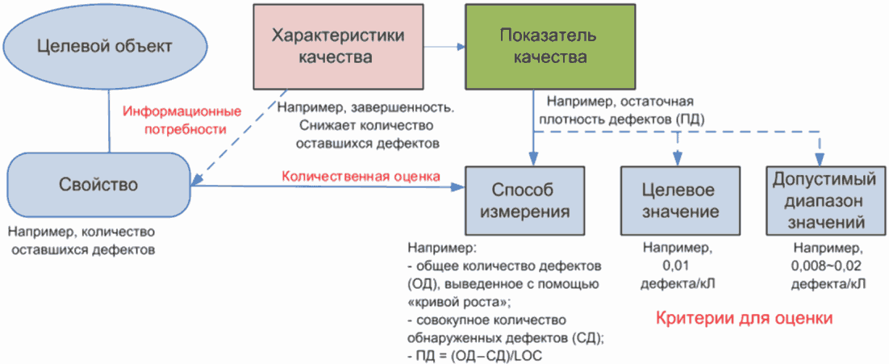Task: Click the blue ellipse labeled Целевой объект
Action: point(104,46)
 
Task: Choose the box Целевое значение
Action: point(679,199)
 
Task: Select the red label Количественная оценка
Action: point(360,175)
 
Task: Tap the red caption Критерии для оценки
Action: point(742,319)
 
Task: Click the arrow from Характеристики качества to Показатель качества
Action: point(444,47)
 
